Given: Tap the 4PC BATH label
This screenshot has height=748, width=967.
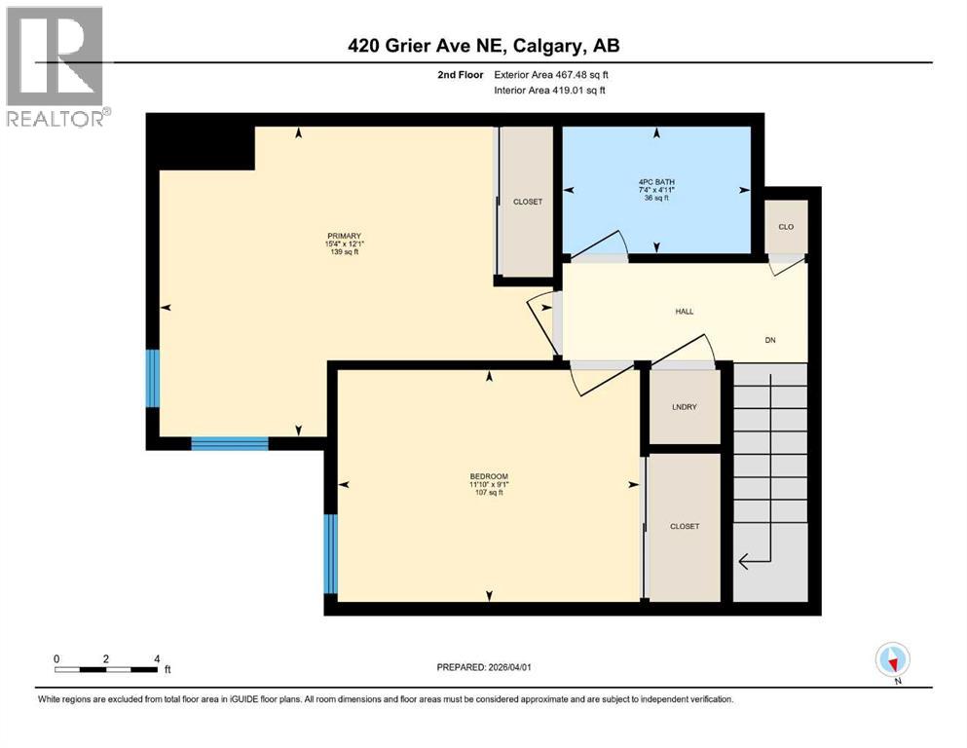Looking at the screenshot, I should pos(656,182).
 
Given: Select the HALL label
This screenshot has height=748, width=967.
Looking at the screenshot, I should pos(685,312).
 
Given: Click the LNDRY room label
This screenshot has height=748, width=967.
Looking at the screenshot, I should pos(684,408).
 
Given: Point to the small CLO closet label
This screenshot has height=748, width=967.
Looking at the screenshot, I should pos(785,227).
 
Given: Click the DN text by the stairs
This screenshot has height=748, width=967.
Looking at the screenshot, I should pos(770,340).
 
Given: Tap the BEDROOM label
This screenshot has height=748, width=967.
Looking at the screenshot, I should pos(489,476).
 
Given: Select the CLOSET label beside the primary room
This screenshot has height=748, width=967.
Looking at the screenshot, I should pos(527,202).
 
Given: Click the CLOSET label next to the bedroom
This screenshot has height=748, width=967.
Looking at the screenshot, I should pos(685,526).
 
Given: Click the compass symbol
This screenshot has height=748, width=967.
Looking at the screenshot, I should pos(892,660).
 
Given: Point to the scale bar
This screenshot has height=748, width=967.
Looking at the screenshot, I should pos(106,669).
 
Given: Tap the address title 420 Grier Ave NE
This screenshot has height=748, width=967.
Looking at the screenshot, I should pos(483,45).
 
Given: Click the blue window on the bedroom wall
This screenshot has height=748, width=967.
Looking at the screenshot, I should pos(331,554).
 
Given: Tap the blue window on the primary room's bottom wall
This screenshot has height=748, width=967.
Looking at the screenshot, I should pos(229,444).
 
